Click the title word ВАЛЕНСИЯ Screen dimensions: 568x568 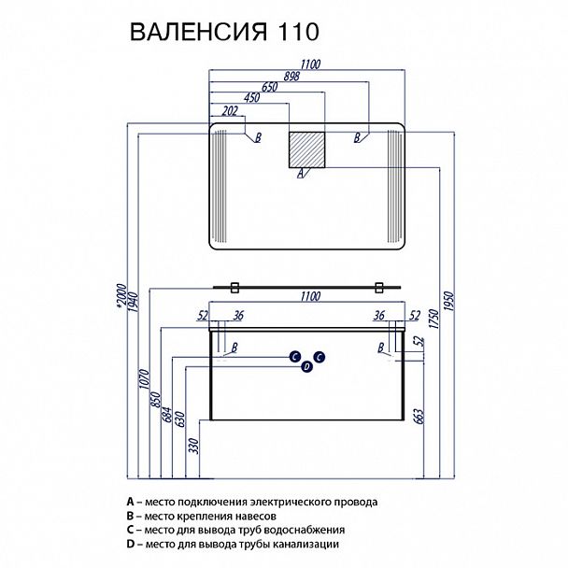(194, 31)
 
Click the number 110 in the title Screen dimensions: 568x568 (298, 31)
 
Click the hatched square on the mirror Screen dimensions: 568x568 (307, 149)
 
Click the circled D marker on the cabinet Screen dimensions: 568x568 (305, 367)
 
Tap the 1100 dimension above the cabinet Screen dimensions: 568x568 (310, 296)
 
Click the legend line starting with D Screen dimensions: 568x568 (238, 544)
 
